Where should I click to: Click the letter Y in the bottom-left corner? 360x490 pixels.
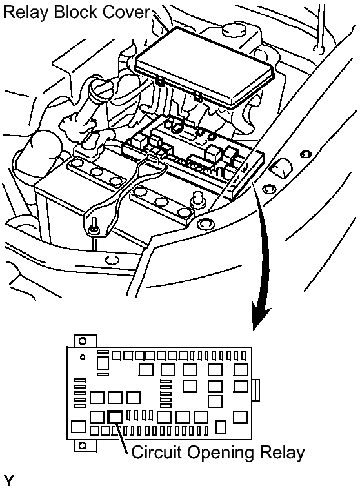[x=10, y=481]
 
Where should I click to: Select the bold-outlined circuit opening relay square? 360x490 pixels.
[x=115, y=416]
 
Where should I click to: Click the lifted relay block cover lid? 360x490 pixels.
[x=205, y=67]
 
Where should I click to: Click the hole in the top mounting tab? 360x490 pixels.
[x=83, y=341]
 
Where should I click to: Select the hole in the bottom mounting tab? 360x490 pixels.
[x=83, y=445]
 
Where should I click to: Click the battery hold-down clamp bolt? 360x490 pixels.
[x=94, y=225]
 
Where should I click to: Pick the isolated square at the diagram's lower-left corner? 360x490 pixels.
[x=78, y=427]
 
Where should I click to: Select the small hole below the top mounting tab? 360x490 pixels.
[x=83, y=356]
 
